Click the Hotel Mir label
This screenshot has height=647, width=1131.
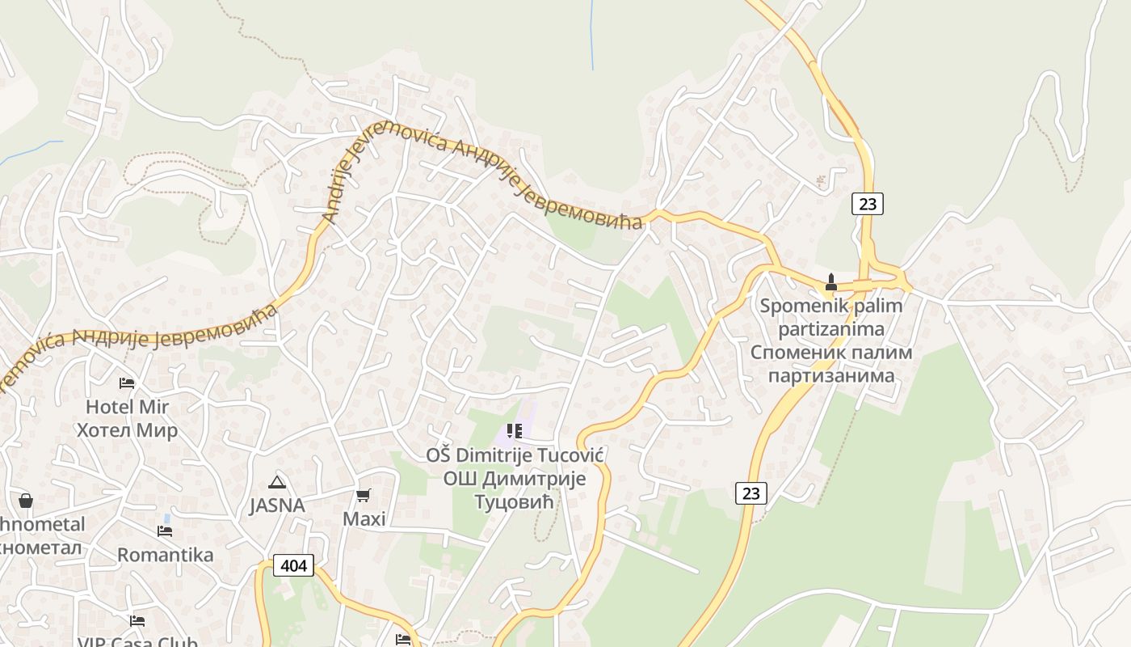pos(127,406)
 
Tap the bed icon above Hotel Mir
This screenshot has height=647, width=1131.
pos(127,383)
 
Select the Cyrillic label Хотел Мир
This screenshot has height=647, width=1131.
pos(127,429)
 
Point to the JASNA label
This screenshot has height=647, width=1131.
pos(277,505)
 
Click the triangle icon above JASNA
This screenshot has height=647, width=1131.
pos(277,482)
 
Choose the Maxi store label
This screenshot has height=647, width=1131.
pos(364,518)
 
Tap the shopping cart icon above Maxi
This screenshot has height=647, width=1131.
pos(364,495)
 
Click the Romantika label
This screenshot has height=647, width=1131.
pos(165,555)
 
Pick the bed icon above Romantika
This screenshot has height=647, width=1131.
pos(165,531)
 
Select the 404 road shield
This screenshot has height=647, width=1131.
pos(293,565)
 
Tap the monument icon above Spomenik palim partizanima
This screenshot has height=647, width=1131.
pos(830,282)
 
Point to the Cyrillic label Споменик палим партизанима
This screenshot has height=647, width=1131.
pos(831,364)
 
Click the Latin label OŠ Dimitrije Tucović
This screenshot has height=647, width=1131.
pos(515,455)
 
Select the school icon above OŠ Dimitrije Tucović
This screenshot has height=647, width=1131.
pos(515,431)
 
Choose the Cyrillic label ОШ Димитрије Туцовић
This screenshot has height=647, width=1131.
pos(515,490)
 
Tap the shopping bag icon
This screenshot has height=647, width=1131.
pos(26,501)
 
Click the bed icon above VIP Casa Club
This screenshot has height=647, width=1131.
pos(137,621)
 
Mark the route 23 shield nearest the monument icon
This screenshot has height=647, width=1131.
pos(867,204)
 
